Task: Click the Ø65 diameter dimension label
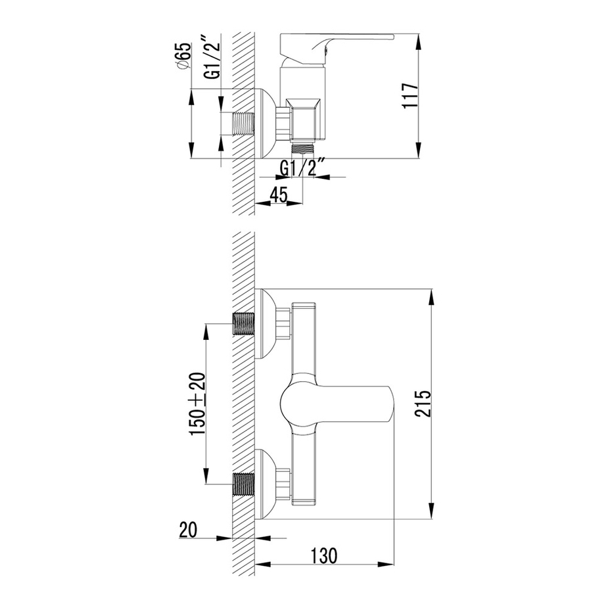click(x=183, y=57)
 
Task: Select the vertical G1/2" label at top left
click(x=212, y=57)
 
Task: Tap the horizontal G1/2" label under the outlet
click(x=300, y=168)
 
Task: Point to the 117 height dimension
click(x=410, y=96)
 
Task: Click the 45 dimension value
click(x=279, y=195)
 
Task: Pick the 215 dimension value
click(x=422, y=404)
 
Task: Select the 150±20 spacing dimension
click(x=197, y=404)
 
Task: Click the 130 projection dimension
click(x=324, y=555)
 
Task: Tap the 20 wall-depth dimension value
click(x=188, y=530)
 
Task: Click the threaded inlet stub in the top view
click(x=243, y=124)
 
